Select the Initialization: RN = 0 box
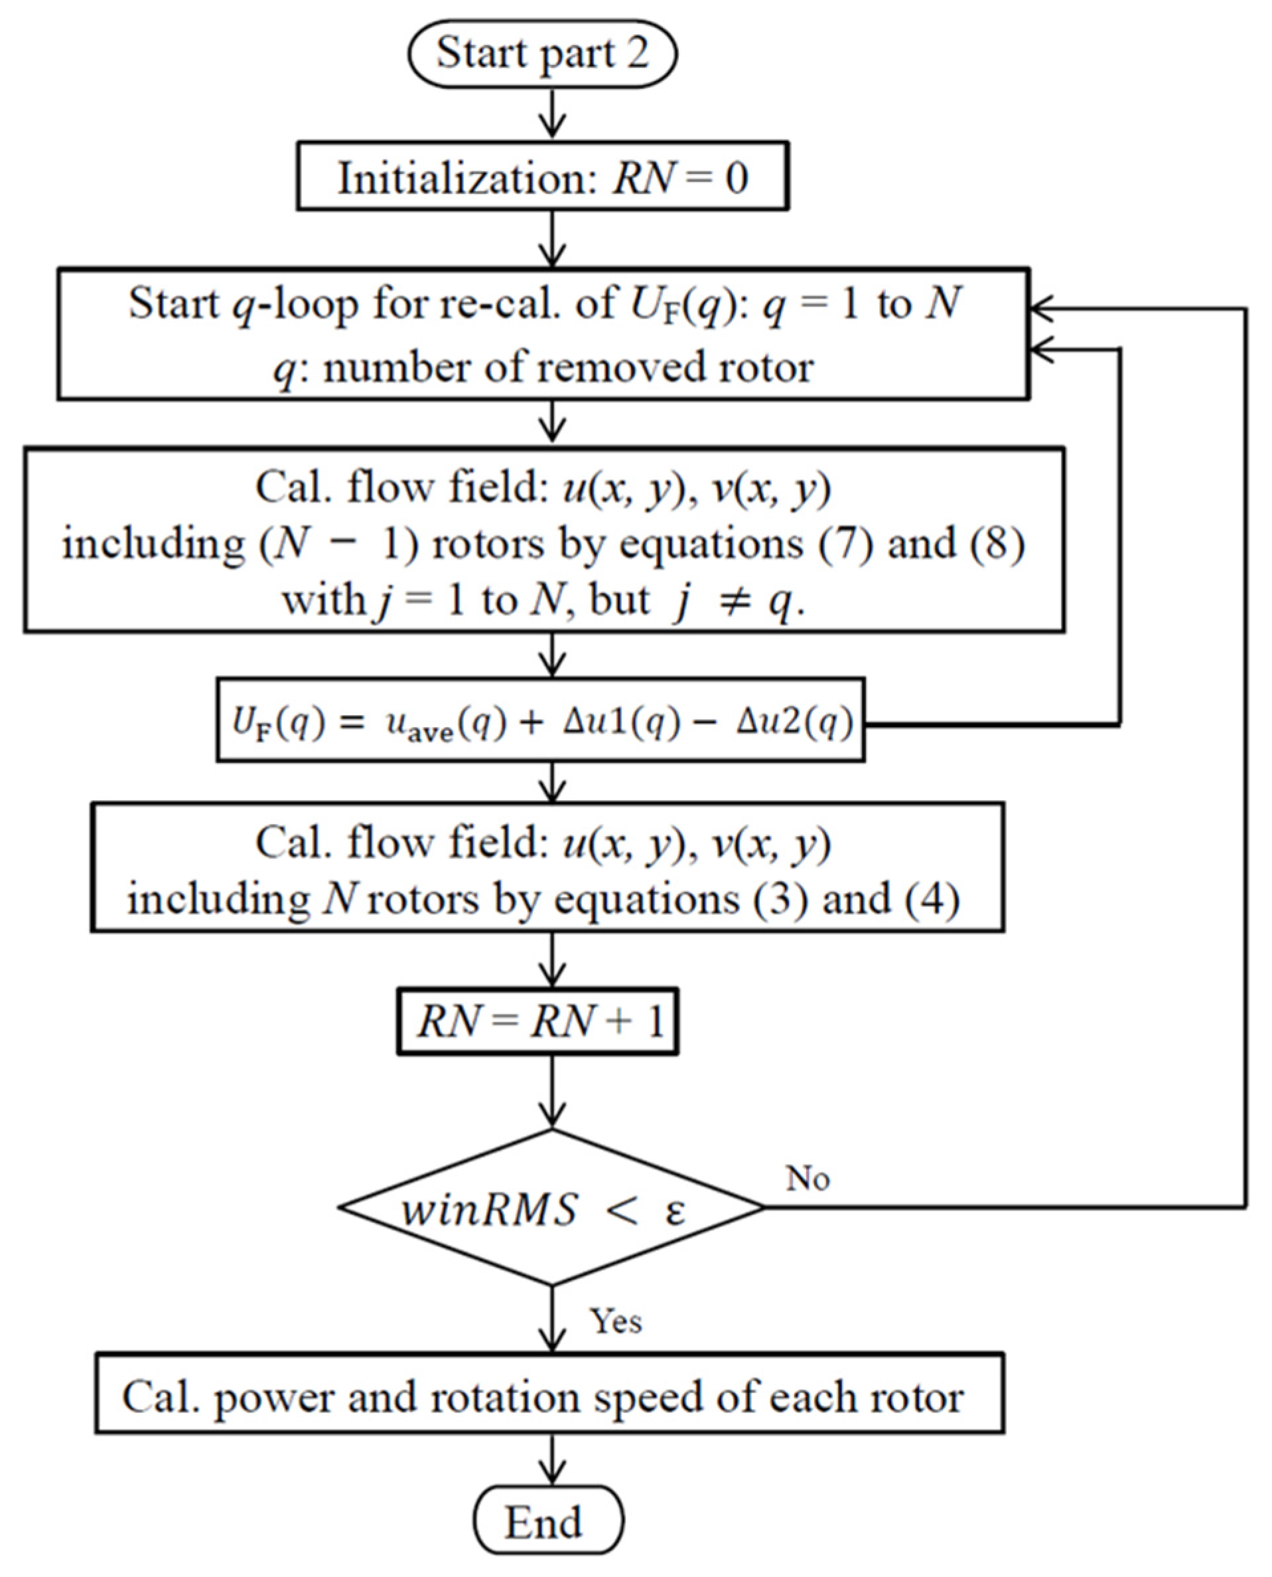pyautogui.click(x=542, y=177)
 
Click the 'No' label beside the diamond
pyautogui.click(x=808, y=1178)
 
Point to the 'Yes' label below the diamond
pyautogui.click(x=616, y=1321)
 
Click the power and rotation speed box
pyautogui.click(x=549, y=1396)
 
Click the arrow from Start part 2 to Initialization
pyautogui.click(x=552, y=114)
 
